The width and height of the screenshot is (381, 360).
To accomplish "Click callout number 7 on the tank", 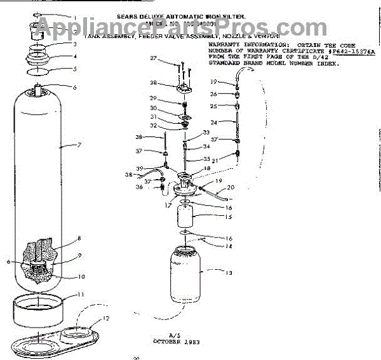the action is coord(80,145).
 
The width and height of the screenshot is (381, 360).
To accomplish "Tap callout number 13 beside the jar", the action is coord(229,273).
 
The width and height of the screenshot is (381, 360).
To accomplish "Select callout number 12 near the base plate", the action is coord(107,317).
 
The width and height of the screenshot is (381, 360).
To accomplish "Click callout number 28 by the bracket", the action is coord(153,83).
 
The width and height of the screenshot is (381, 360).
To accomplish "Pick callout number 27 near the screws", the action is coord(152,58).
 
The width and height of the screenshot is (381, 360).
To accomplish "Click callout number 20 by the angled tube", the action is coord(230,187).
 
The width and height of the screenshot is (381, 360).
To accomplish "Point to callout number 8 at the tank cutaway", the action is coord(79,239).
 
